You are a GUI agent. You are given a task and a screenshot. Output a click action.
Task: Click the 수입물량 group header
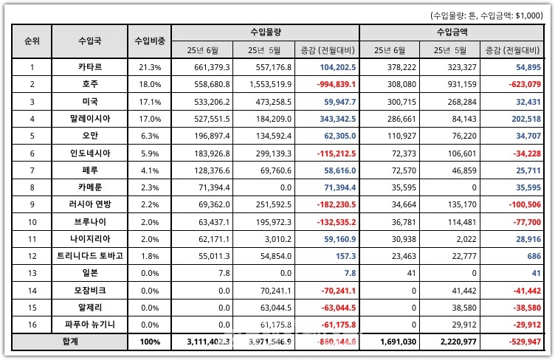266,32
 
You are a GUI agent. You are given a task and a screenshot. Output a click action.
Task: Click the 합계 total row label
68,342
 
